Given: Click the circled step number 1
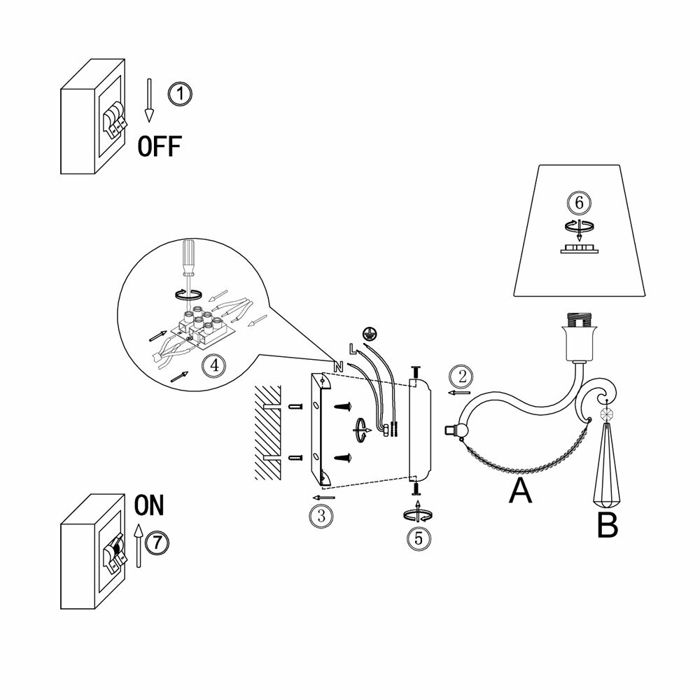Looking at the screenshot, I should point(180,94).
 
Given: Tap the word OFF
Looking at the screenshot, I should point(159,146).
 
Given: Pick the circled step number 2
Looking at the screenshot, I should point(460,376).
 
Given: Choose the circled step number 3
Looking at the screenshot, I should point(320,516).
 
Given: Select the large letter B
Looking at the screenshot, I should point(607,525).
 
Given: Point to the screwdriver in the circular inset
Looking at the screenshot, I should point(188,266).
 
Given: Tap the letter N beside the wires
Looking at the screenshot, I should point(338,366).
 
